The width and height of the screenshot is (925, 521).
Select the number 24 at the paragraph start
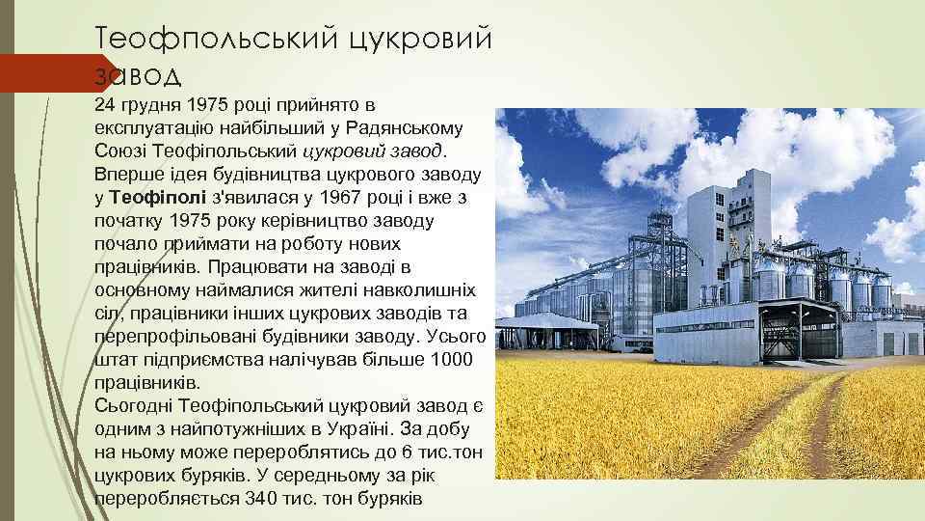click(x=106, y=104)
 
